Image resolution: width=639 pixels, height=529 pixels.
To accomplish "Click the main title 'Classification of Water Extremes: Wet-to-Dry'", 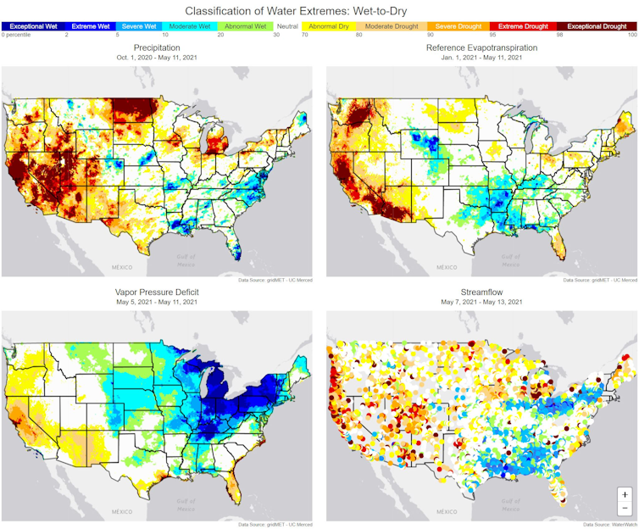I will point(319,10).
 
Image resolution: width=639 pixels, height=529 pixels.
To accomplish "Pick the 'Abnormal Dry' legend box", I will point(328,26).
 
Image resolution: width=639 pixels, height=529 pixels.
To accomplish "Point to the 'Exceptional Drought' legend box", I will point(596,26).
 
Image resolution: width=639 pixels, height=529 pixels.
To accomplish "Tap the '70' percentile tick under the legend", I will point(304,35).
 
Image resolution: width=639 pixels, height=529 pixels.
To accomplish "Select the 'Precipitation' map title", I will point(157,48).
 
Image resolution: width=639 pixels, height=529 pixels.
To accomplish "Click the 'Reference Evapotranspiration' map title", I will point(481,48).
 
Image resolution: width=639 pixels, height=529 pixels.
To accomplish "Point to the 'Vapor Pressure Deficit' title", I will point(157,292).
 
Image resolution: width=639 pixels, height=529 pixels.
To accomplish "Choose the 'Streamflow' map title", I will point(481,292).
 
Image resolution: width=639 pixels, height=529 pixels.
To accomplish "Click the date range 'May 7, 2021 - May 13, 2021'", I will point(481,302).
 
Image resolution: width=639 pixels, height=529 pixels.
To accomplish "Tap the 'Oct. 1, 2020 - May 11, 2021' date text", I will point(157,58).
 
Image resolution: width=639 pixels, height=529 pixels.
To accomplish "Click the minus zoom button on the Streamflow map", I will point(625,509).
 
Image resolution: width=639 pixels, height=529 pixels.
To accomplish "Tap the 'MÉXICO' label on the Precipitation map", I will point(123,267).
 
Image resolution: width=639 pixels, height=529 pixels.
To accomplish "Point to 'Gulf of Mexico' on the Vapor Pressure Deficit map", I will point(185,504).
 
